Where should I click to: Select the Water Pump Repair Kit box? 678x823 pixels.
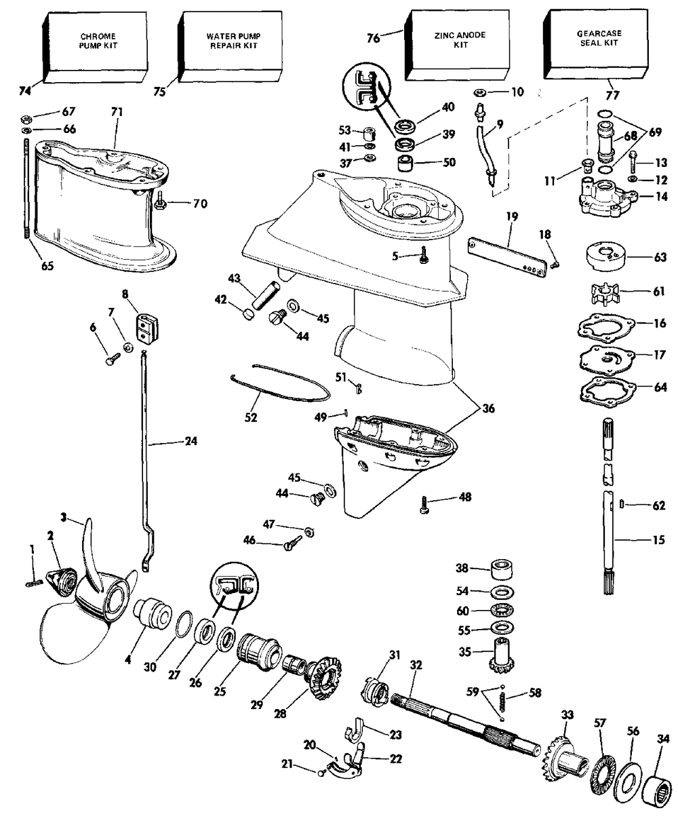point(231,47)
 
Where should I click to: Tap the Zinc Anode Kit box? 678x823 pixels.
point(457,45)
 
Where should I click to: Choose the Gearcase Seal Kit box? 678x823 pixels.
point(596,43)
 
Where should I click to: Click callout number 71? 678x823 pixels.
point(117,113)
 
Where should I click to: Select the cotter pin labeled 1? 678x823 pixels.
point(33,583)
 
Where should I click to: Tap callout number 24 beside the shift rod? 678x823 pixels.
point(191,441)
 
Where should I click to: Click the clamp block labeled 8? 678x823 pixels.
point(147,327)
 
